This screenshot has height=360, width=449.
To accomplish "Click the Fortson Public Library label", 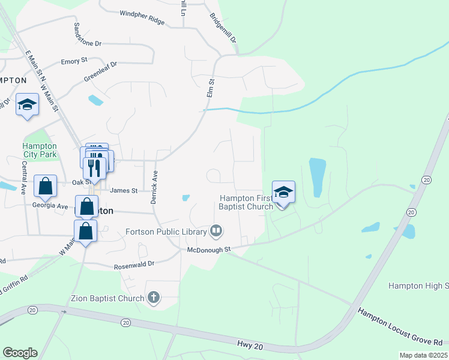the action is coord(165,231).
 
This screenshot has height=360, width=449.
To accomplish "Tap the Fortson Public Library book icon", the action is coord(216,230).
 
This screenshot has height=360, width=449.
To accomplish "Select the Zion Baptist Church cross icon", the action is coord(154,298).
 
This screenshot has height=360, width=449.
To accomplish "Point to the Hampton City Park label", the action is coord(40,150).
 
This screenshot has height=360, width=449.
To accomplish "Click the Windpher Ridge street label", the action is coord(142,17).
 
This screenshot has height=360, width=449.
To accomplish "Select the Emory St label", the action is coord(74,61).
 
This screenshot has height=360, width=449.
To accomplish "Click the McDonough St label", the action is coord(209,249).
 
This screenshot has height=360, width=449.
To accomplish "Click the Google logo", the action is coord(20,353).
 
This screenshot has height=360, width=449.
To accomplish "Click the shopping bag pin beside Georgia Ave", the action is coord(87,206).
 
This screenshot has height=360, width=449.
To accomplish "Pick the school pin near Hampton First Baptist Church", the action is coord(283,192).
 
